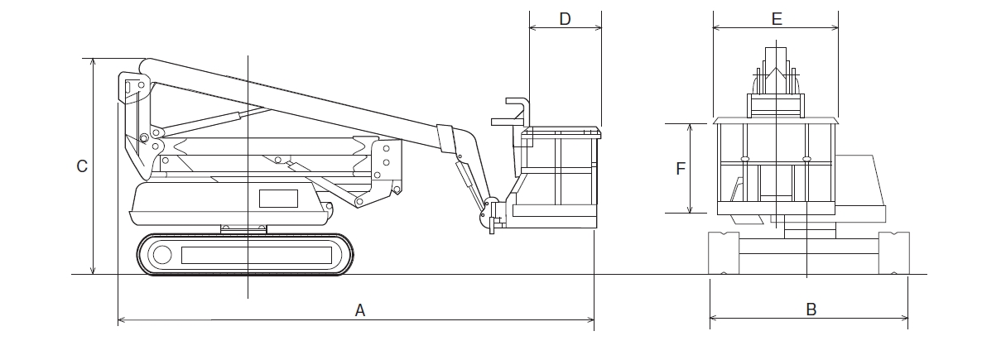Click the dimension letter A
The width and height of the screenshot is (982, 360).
coord(360,310)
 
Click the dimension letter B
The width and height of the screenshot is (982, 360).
coord(811,310)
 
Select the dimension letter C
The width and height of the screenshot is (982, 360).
coord(82,166)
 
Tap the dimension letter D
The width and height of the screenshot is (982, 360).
coord(565,19)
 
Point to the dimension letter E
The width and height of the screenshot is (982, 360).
coord(777,19)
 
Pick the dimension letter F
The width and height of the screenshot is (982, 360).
coord(681,169)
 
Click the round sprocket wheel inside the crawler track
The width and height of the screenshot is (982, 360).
coord(162,255)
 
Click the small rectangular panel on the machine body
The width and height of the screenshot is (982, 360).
coord(279,199)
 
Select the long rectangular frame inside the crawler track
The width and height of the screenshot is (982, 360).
coord(257,256)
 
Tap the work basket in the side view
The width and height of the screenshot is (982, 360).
coord(556,177)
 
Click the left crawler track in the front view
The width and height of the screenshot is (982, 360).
coord(724,253)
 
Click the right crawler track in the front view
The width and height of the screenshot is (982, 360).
coord(893,253)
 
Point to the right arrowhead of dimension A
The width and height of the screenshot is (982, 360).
coord(590,320)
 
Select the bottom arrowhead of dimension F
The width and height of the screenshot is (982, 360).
coord(691,209)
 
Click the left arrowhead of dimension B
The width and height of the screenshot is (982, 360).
coord(714,318)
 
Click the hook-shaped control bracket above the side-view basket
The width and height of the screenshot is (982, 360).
coord(518,110)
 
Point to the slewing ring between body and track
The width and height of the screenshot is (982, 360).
coord(243,229)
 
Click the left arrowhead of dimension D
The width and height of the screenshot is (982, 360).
coord(533,27)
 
